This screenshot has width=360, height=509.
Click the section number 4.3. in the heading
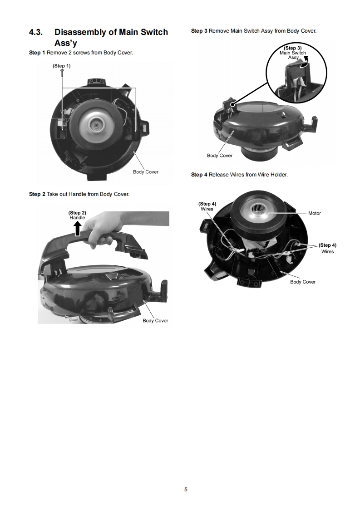[36, 32]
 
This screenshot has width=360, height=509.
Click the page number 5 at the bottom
[186, 489]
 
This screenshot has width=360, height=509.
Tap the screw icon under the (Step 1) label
[62, 74]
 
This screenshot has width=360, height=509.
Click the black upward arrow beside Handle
[78, 228]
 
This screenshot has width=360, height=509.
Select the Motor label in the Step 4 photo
[315, 213]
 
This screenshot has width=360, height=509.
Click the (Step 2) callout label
[77, 213]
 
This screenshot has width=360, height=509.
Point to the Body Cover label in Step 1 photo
[146, 172]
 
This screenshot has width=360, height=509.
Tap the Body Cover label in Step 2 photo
[155, 320]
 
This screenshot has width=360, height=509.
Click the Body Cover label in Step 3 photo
[220, 156]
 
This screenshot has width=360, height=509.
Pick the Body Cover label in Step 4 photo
[303, 282]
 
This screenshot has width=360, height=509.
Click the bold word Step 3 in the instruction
[199, 31]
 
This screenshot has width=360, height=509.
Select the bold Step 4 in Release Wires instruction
[199, 175]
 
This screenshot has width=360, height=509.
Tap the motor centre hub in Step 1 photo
[97, 124]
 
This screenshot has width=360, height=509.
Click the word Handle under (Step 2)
[77, 217]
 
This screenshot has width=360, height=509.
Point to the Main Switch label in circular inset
[293, 53]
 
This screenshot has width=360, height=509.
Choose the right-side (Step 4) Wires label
[327, 248]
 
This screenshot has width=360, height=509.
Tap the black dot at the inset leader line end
[232, 104]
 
